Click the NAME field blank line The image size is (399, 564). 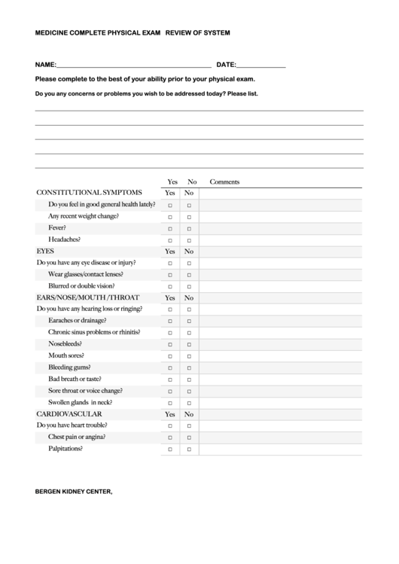click(134, 66)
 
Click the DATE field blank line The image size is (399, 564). click(261, 66)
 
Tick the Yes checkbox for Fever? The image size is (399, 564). click(170, 228)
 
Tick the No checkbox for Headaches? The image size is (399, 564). click(189, 240)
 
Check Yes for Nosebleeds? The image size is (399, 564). click(170, 344)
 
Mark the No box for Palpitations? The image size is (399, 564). click(189, 450)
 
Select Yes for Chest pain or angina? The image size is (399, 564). click(170, 437)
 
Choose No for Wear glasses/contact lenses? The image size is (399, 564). click(189, 275)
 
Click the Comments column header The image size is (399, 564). click(224, 181)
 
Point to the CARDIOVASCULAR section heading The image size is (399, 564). click(69, 414)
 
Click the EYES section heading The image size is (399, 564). click(45, 251)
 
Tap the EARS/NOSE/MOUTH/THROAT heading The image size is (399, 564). click(87, 297)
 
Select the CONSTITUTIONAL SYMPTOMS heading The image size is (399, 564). click(89, 193)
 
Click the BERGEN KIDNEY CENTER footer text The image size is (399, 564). click(74, 492)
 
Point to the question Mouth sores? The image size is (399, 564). click(66, 355)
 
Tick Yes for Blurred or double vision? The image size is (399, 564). click(170, 287)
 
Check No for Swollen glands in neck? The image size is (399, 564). click(189, 403)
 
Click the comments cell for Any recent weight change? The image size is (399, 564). click(281, 216)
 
